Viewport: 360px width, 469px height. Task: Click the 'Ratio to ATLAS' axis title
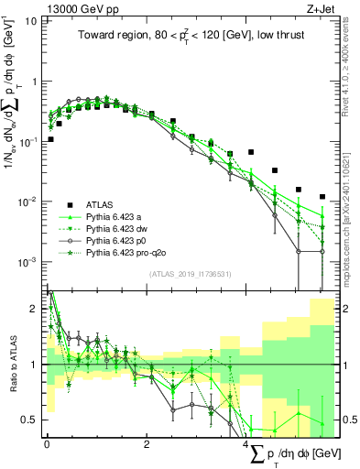click(x=12, y=364)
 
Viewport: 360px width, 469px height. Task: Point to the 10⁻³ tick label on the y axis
click(x=28, y=262)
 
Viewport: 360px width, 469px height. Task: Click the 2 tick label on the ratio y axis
click(x=35, y=309)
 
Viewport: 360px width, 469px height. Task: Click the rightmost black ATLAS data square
click(x=322, y=197)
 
